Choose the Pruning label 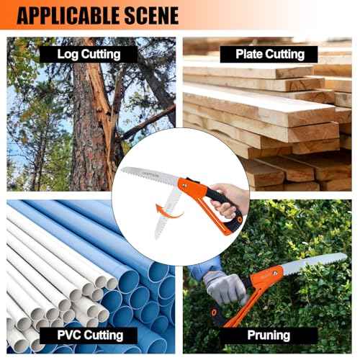(268, 335)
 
